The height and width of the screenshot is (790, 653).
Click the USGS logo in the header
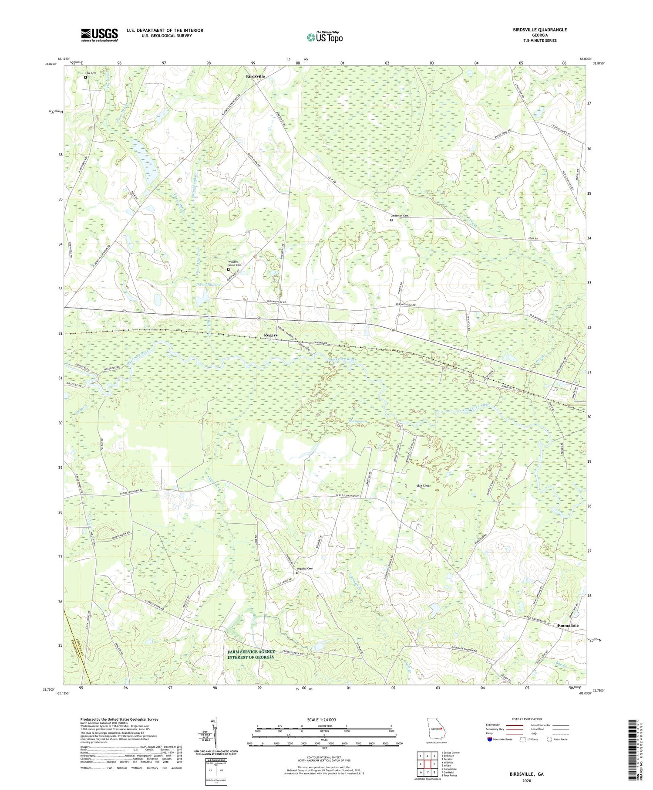(99, 35)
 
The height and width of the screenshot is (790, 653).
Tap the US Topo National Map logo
(324, 37)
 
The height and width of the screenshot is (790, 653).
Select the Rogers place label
(270, 335)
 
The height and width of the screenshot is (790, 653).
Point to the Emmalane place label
(568, 625)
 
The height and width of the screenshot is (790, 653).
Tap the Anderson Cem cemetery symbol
(391, 220)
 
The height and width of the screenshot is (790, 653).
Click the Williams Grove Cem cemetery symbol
(228, 269)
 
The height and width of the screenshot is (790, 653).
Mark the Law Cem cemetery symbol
(85, 78)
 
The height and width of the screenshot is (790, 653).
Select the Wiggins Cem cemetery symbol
(297, 573)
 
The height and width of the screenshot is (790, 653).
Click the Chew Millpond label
(208, 285)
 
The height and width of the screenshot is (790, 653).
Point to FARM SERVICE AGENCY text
(251, 651)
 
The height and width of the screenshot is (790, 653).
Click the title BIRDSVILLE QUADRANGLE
(540, 30)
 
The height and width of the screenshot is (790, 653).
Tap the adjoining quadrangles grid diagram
(427, 764)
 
